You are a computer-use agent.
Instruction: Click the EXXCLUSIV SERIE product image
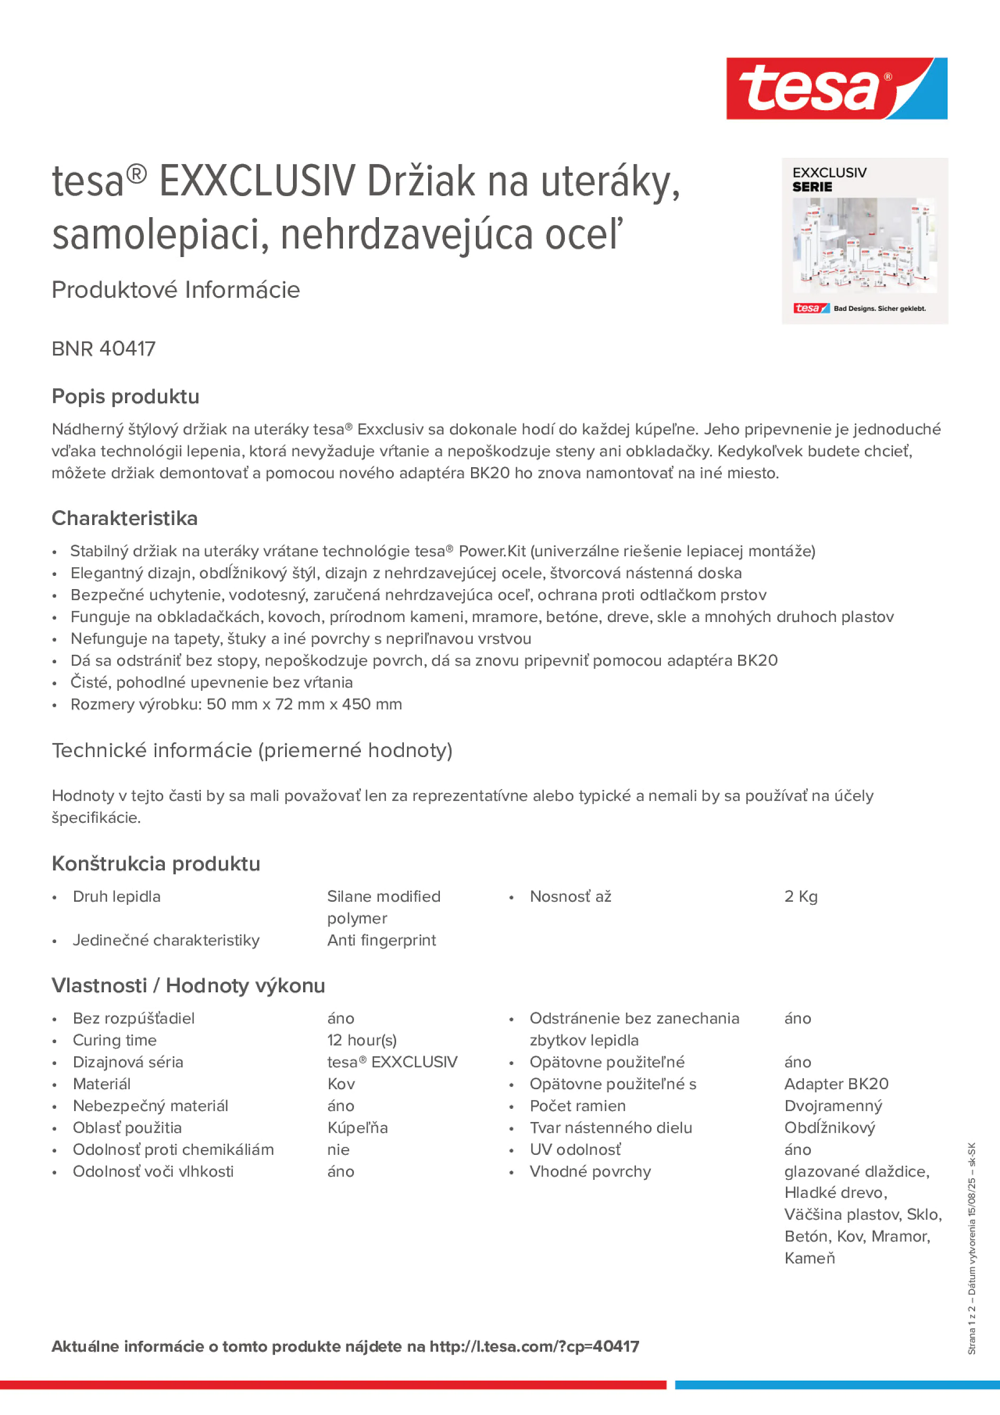pos(864,241)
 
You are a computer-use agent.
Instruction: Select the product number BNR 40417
pos(103,349)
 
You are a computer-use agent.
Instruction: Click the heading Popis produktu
pos(125,396)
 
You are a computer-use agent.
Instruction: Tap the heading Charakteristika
pos(125,518)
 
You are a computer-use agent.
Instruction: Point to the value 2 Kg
pos(800,897)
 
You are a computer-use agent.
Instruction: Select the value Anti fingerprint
pos(381,940)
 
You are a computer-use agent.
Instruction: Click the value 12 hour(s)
pos(362,1040)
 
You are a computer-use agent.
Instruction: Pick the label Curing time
pos(114,1040)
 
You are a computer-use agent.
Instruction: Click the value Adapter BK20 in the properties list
pos(836,1084)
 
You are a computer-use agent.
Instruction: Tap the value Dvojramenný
pos(833,1106)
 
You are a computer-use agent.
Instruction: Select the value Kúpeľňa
pos(357,1128)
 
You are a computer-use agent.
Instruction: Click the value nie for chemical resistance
pos(339,1150)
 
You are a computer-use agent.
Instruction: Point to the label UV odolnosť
pos(575,1150)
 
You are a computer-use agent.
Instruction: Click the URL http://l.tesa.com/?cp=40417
pos(534,1347)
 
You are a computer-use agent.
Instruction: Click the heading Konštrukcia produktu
pos(156,864)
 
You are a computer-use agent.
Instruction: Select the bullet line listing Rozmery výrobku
pos(236,705)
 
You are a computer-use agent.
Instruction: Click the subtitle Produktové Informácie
pos(176,290)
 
